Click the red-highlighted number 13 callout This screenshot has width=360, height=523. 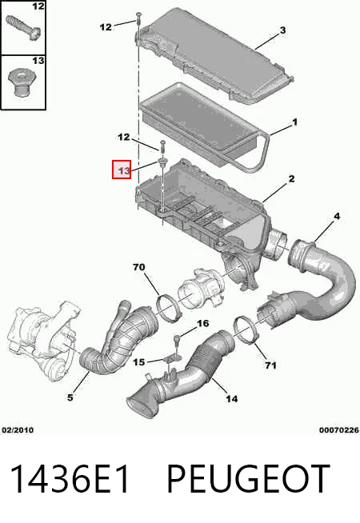(122, 170)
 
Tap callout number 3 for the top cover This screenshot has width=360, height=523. (282, 30)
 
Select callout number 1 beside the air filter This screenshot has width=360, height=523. (294, 122)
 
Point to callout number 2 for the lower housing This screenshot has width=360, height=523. (291, 178)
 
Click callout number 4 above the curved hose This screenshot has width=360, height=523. (337, 216)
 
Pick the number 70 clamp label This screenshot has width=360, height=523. (138, 267)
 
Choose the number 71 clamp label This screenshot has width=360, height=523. (270, 365)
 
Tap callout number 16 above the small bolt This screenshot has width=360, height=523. (203, 323)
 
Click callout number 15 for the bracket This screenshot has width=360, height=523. (139, 362)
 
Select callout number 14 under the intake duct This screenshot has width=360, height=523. (231, 398)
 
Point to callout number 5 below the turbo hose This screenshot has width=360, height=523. (70, 397)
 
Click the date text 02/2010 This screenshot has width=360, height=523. (18, 430)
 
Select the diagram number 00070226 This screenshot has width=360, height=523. (338, 430)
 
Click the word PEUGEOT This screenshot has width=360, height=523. (248, 479)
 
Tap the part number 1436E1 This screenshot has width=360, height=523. (70, 479)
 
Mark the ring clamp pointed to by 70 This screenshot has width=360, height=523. (170, 305)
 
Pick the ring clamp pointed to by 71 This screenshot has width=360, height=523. (246, 331)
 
